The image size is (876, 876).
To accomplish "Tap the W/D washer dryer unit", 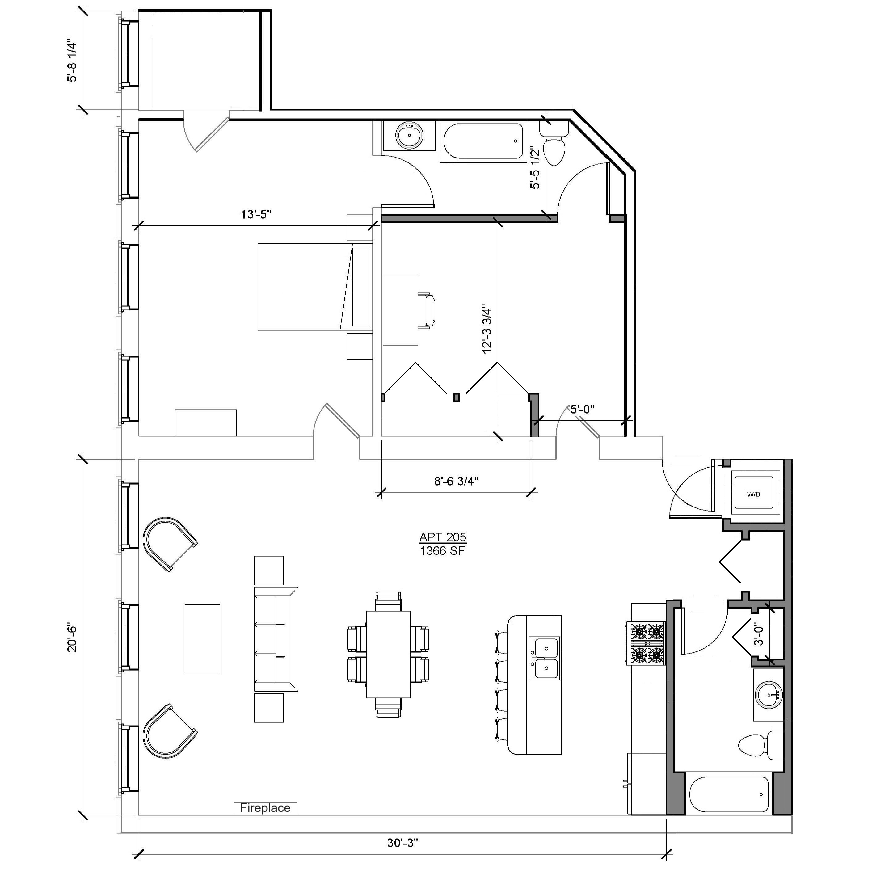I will pos(754,494).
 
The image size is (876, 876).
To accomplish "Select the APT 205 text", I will pos(443,537).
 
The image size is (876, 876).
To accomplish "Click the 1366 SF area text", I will pos(443,550).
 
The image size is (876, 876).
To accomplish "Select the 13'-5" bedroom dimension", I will pos(256,214).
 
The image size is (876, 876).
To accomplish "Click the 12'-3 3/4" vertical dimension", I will pos(487,329).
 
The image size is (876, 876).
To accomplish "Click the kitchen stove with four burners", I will pos(646,642).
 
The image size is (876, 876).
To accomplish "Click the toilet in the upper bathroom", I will pos(554,146).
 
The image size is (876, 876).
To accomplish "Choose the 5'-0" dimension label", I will pos(582,410).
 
